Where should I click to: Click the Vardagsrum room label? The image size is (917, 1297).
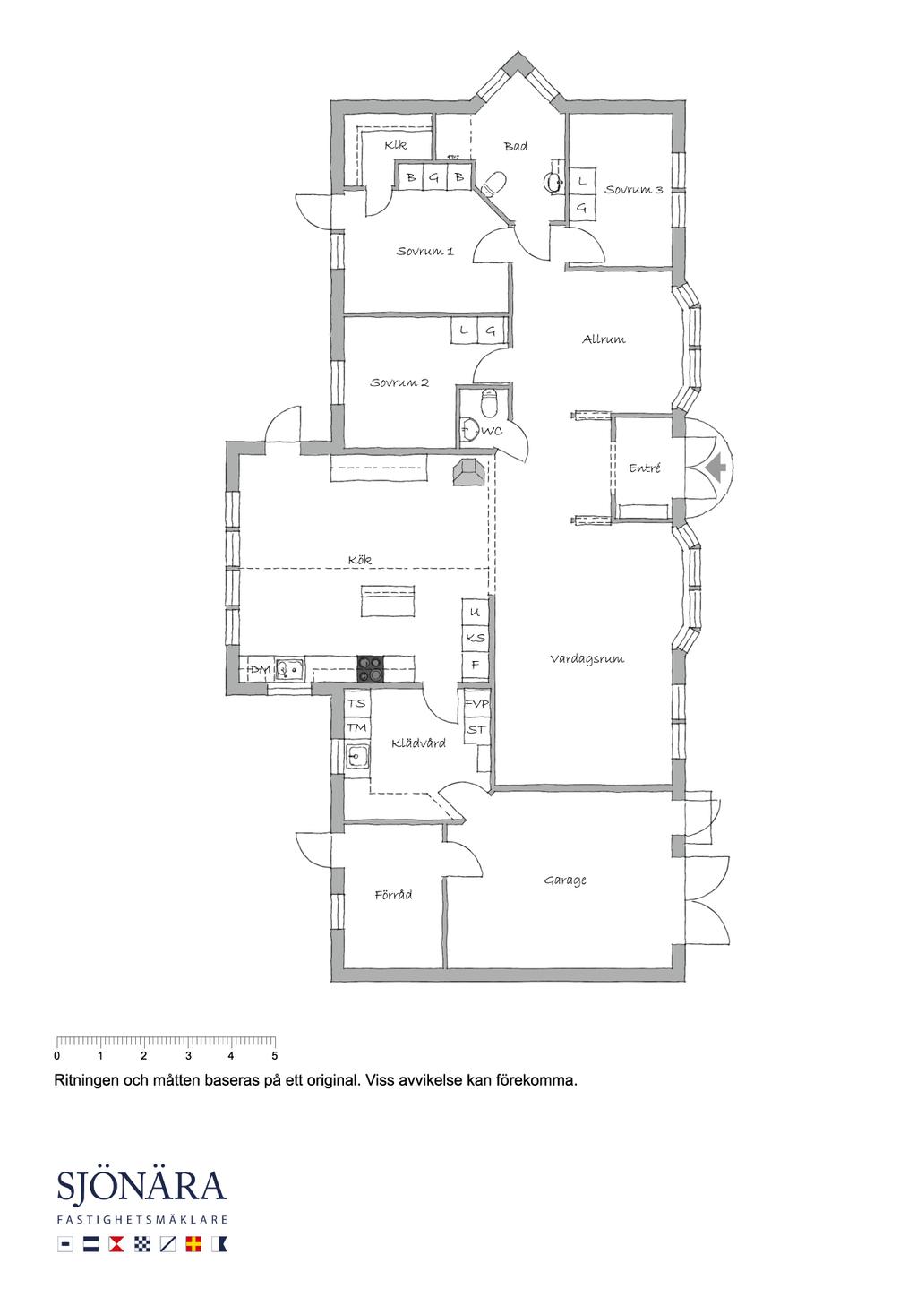pos(587,659)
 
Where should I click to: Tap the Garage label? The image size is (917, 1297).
pos(565,880)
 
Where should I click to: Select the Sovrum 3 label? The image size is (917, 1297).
pos(634,189)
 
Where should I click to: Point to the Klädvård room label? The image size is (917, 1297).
pos(418,743)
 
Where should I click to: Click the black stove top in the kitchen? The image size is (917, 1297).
pos(371,669)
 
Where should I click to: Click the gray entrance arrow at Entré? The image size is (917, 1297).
pos(716,468)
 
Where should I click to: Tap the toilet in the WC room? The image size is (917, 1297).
pos(490,403)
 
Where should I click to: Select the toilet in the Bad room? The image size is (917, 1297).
pos(493,184)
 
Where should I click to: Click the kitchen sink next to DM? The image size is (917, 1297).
pos(289,669)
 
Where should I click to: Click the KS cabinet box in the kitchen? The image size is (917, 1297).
pos(476,638)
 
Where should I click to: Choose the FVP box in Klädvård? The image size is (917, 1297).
pos(476,703)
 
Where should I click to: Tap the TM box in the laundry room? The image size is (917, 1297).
pos(357,726)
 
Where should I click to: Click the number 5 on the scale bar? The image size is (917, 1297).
pos(274,1055)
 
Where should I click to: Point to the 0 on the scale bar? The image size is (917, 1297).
pos(56,1055)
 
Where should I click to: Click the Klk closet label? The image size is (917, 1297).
pos(396,145)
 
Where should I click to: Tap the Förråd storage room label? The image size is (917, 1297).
pos(394,895)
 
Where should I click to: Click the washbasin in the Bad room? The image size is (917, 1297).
pos(553,183)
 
